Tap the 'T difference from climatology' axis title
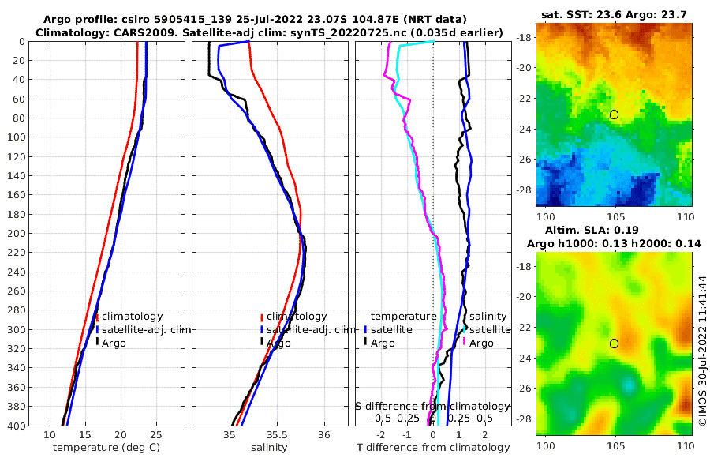pos(434,448)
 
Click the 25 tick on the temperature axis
pos(155,434)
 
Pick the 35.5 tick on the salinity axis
pos(276,434)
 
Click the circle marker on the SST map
pos(614,114)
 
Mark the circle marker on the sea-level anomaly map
pos(614,343)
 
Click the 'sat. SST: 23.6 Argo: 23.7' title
pos(615,14)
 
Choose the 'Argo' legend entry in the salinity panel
pos(278,343)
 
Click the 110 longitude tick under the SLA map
pos(685,445)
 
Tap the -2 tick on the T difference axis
pos(382,434)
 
